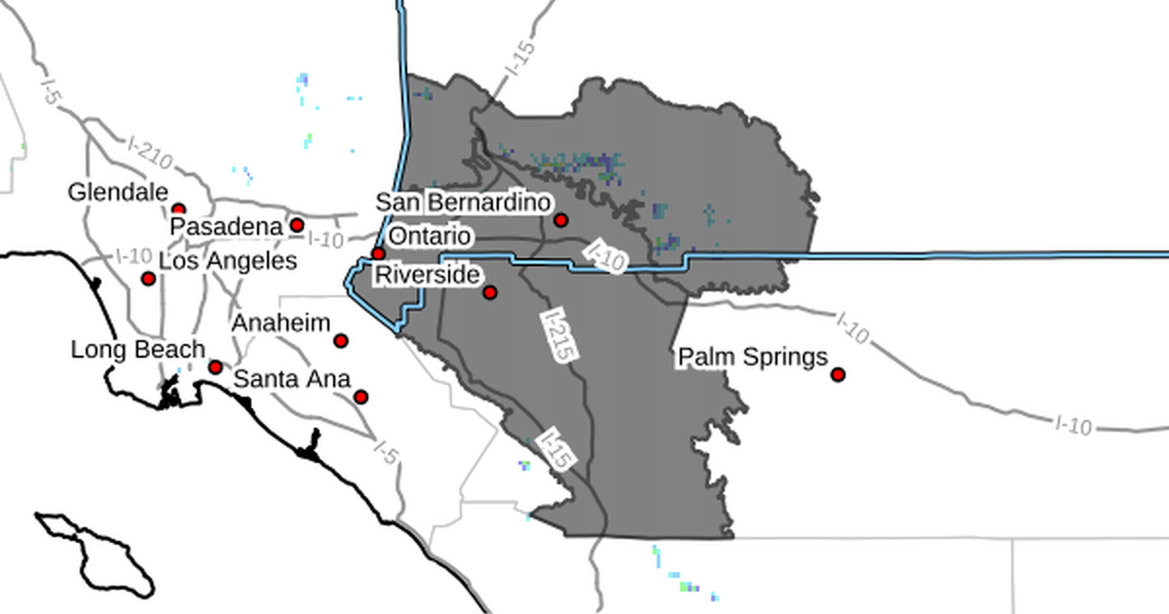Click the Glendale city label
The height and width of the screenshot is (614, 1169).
tap(118, 193)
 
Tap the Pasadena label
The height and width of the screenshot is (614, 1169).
tap(226, 226)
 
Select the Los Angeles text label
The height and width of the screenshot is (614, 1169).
tap(227, 261)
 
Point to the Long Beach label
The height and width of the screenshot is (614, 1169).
tap(137, 349)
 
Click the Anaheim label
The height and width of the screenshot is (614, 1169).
tap(282, 324)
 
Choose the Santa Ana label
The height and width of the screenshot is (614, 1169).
tap(292, 378)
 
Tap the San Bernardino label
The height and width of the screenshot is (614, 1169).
tap(464, 203)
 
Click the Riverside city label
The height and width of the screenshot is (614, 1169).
tap(428, 276)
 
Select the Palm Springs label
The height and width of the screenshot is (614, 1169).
tap(752, 358)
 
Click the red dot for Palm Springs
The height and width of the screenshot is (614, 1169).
tap(838, 375)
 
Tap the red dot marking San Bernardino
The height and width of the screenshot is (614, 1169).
tap(561, 220)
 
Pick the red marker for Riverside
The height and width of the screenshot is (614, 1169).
tap(490, 292)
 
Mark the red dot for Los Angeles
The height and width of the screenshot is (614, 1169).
tap(148, 279)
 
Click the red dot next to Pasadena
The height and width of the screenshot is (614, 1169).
tap(297, 225)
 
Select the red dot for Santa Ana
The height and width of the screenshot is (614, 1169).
tap(361, 397)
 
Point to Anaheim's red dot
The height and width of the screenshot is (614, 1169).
tap(341, 340)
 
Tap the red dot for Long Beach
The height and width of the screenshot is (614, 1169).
tap(215, 367)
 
